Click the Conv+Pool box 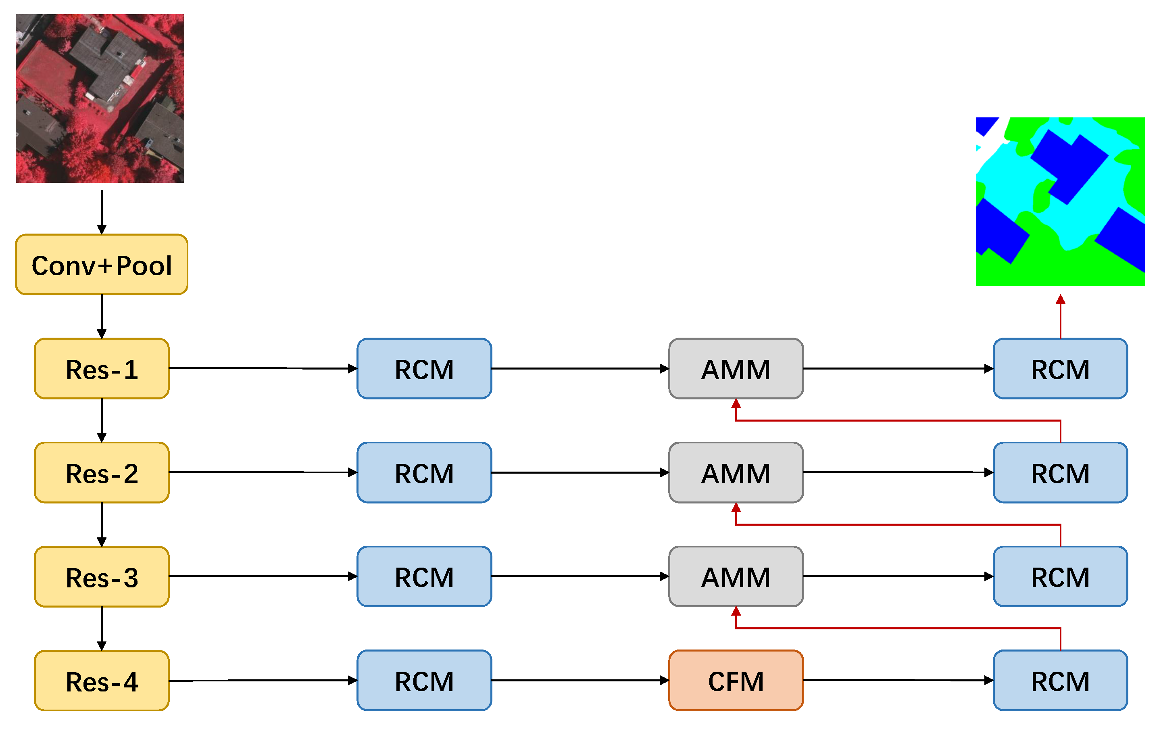101,264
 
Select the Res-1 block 101,368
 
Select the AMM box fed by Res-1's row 736,368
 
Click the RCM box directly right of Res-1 424,368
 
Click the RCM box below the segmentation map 1060,368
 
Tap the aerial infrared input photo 100,98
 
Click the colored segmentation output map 1060,202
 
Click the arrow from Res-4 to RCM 263,680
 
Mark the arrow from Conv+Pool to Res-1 101,316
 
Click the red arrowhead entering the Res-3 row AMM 736,612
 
